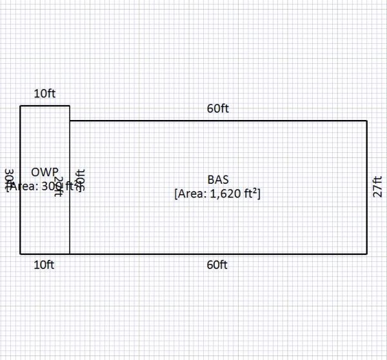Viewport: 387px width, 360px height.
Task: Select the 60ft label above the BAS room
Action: pyautogui.click(x=218, y=108)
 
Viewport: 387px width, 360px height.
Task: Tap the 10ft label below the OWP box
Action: pyautogui.click(x=45, y=265)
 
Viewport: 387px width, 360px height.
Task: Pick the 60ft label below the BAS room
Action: pyautogui.click(x=218, y=265)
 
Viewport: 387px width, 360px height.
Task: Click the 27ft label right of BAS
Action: pyautogui.click(x=378, y=186)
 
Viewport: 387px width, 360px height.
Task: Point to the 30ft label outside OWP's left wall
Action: pyautogui.click(x=10, y=179)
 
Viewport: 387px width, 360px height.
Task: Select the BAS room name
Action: pyautogui.click(x=218, y=179)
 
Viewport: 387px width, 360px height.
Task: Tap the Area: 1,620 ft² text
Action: pyautogui.click(x=218, y=193)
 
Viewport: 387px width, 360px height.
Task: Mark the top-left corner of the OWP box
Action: pyautogui.click(x=21, y=106)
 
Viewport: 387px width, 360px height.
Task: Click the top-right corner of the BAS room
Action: pyautogui.click(x=367, y=121)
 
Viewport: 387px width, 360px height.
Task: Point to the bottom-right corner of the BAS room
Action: pyautogui.click(x=367, y=254)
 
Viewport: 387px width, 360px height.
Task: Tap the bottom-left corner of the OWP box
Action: pyautogui.click(x=21, y=254)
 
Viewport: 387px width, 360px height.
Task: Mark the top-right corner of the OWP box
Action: pyautogui.click(x=70, y=106)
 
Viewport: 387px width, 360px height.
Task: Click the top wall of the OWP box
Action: pyautogui.click(x=45, y=106)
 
